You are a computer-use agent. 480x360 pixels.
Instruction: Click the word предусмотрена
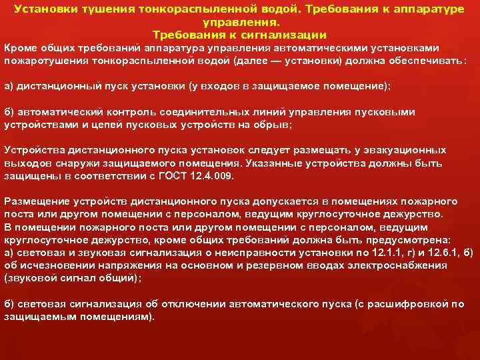tap(409, 240)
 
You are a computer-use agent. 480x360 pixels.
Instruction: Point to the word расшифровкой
tap(411, 304)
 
